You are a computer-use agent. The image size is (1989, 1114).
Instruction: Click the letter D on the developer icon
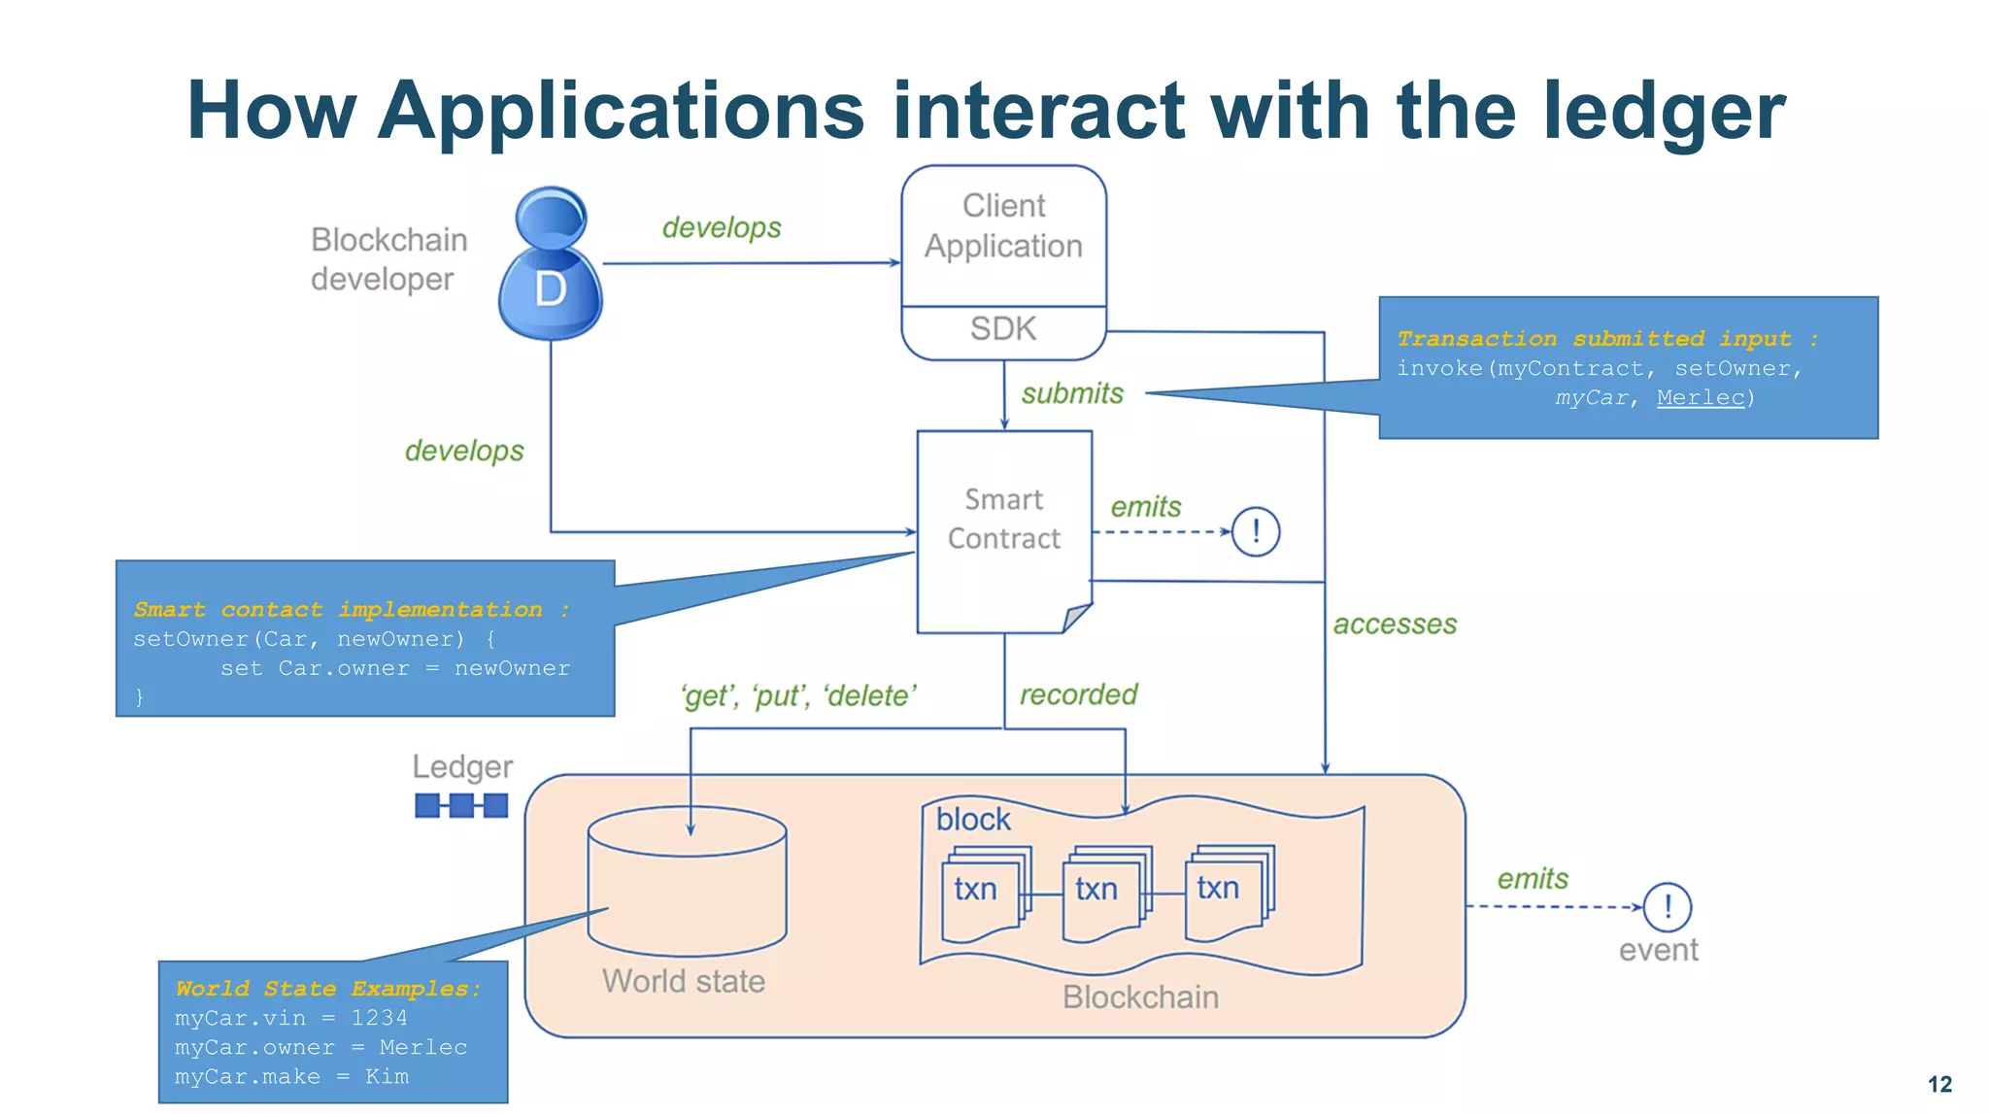point(550,289)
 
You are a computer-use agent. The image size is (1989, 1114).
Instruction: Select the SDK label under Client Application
point(1003,329)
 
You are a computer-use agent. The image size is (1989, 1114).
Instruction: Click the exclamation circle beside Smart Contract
point(1256,531)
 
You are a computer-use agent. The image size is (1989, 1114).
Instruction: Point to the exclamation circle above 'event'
point(1667,906)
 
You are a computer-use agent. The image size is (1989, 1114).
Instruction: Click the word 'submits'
point(1072,393)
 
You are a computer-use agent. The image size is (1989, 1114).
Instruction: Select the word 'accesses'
point(1394,625)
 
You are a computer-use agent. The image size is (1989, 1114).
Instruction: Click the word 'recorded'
point(1078,694)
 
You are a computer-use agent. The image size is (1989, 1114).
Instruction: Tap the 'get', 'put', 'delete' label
point(798,695)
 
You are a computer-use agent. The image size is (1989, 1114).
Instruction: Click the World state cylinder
point(688,884)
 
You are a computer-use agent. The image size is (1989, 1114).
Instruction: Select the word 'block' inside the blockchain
point(973,820)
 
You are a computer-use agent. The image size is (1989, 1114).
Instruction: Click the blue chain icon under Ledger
point(461,805)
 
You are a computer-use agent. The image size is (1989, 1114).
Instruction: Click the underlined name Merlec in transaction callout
point(1700,397)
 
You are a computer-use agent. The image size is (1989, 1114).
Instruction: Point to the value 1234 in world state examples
point(379,1018)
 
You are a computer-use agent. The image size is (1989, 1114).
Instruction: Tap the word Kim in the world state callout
point(387,1076)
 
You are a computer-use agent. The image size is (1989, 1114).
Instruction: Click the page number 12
point(1939,1084)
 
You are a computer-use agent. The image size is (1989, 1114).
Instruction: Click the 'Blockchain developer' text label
point(388,259)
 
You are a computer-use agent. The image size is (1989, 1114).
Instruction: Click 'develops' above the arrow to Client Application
point(722,227)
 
